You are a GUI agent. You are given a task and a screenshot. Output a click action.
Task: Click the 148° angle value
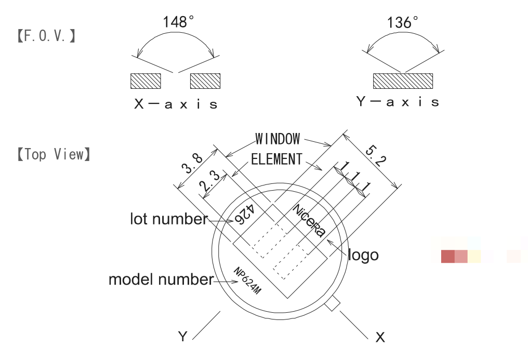coord(178,22)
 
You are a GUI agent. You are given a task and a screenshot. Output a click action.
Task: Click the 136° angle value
coord(403,23)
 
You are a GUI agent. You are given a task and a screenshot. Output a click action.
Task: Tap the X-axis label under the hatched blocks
coord(176,104)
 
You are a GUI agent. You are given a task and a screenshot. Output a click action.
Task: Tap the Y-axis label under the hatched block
coord(398,102)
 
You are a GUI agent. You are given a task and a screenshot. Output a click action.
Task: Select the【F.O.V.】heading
coord(46,36)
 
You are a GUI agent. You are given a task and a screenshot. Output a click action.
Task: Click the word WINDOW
coord(278,139)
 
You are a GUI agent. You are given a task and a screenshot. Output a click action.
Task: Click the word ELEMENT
coord(276,159)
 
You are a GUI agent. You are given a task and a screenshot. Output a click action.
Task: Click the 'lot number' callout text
coord(168,219)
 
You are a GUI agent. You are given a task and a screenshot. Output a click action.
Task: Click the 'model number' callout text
coord(161,280)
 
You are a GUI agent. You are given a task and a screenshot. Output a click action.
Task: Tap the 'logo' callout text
coord(363,255)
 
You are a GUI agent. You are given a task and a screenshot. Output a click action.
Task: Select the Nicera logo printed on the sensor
coord(309,221)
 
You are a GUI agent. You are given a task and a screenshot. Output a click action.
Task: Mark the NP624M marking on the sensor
coord(247,282)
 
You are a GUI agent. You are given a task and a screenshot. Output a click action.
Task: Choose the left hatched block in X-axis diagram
coord(146,81)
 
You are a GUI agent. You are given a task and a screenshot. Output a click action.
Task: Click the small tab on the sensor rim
coord(333,304)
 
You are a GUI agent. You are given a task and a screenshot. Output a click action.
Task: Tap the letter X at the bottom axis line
coord(380,337)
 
